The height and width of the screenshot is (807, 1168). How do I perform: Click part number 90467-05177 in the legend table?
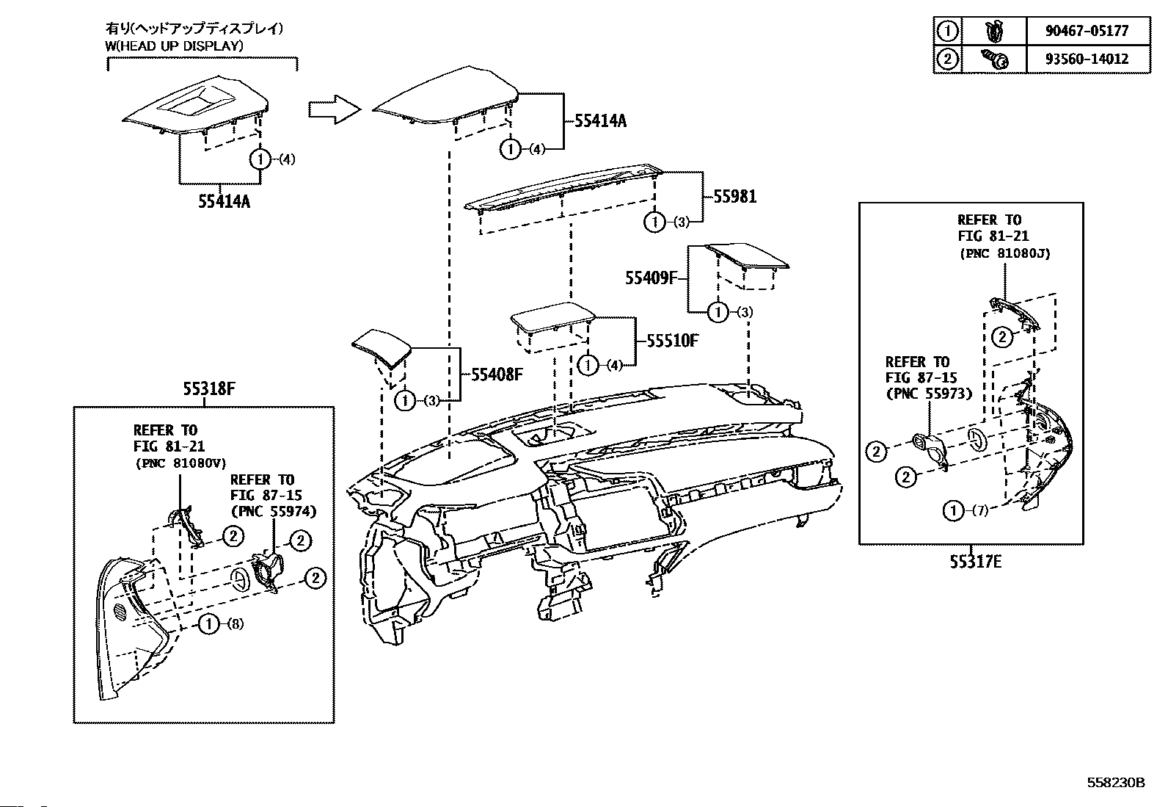(1087, 31)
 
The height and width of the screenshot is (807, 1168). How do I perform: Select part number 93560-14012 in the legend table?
(1087, 59)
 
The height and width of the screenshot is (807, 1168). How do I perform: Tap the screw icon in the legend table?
(994, 59)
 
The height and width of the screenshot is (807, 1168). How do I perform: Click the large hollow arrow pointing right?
(335, 109)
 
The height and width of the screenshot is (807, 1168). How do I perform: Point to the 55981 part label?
(734, 197)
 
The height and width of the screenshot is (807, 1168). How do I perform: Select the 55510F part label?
(673, 341)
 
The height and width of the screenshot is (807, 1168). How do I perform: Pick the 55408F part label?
(497, 374)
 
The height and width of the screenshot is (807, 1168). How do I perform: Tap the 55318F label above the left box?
(209, 388)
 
